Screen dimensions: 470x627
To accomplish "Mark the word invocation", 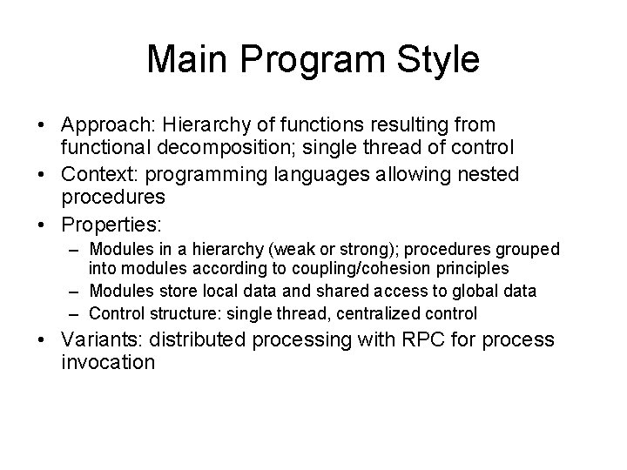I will point(109,361).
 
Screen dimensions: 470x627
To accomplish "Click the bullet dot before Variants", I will point(50,339).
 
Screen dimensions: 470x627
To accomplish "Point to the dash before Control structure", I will point(78,312).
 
